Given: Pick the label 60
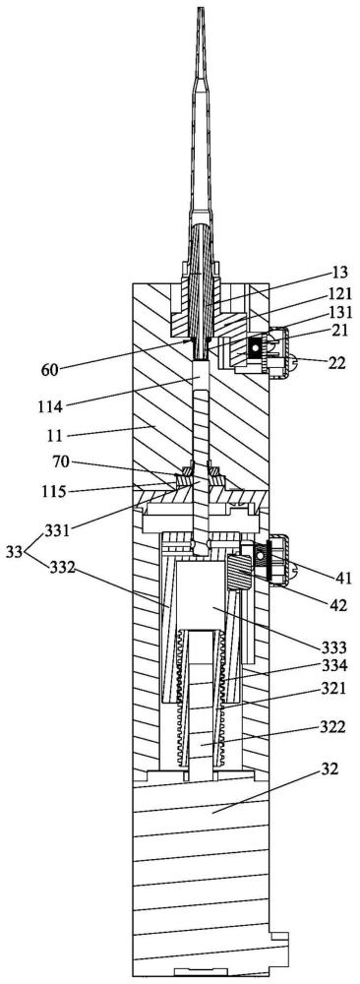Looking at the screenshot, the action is click(x=50, y=368).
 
